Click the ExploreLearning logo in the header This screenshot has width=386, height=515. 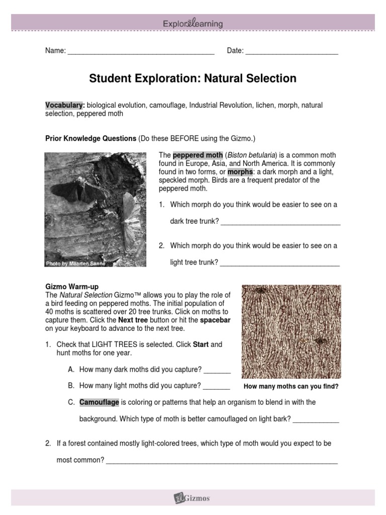coord(193,23)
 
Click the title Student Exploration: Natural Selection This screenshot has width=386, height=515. coord(193,78)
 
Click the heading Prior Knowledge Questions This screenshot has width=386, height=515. coord(91,138)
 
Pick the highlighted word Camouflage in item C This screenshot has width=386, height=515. coord(99,402)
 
